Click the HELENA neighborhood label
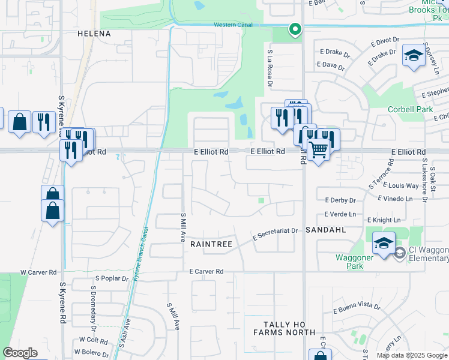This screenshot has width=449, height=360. pos(94,34)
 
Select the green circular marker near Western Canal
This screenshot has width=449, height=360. pos(295,29)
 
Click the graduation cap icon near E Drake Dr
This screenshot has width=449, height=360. pos(413,56)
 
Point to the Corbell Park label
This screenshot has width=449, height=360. pos(410,110)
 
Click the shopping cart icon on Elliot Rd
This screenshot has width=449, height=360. pos(319,150)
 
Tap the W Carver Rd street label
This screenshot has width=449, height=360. pos(38,272)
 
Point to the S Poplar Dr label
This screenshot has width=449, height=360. pos(112,278)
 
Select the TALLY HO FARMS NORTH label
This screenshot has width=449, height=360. pos(284,328)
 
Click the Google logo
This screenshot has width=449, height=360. pos(20,353)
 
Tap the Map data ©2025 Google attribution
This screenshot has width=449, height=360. pos(412,355)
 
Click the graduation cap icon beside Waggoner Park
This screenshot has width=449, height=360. pos(384,243)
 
